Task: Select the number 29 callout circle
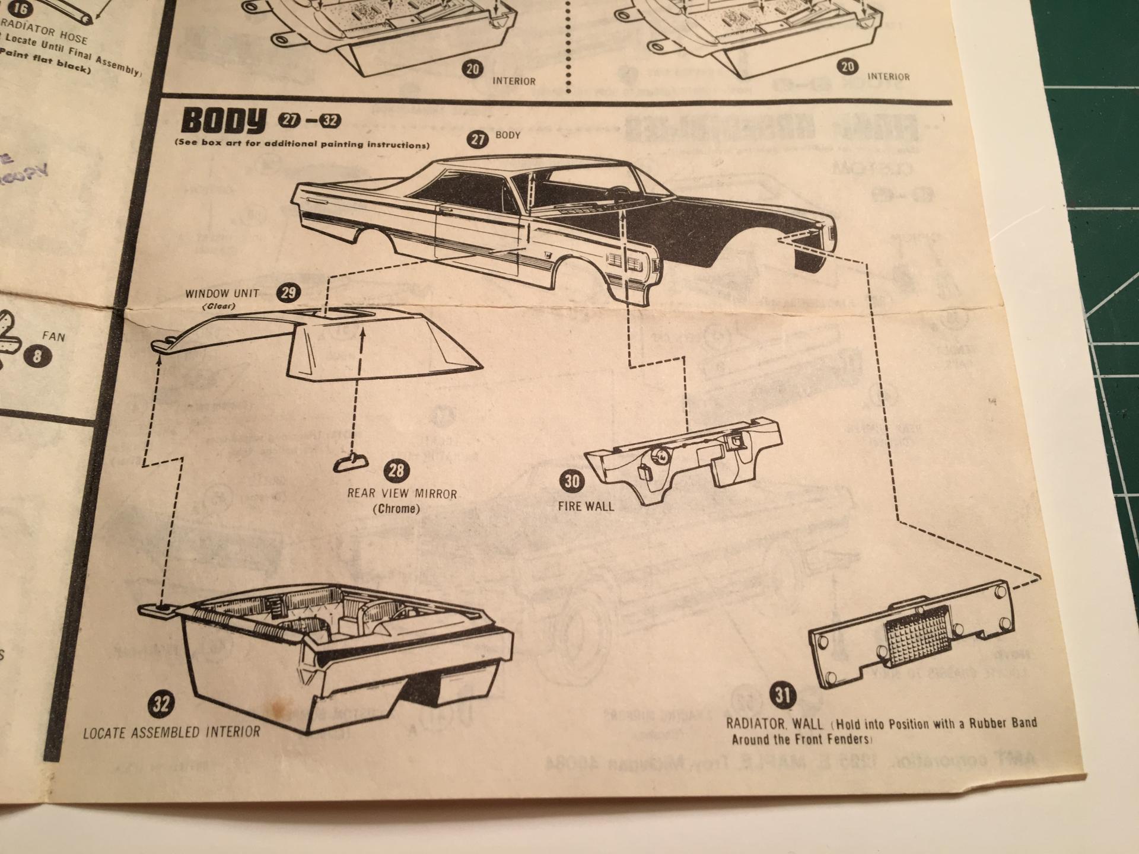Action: click(289, 292)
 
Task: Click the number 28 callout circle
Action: click(396, 471)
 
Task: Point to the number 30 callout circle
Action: click(571, 481)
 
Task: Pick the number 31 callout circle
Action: click(782, 694)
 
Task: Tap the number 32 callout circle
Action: click(161, 704)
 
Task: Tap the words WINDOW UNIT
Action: click(222, 293)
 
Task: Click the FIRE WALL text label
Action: click(586, 506)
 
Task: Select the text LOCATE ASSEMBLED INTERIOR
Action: click(171, 732)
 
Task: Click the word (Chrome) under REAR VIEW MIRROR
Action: click(396, 509)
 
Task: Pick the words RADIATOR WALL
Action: click(775, 724)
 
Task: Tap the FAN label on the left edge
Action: click(53, 337)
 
